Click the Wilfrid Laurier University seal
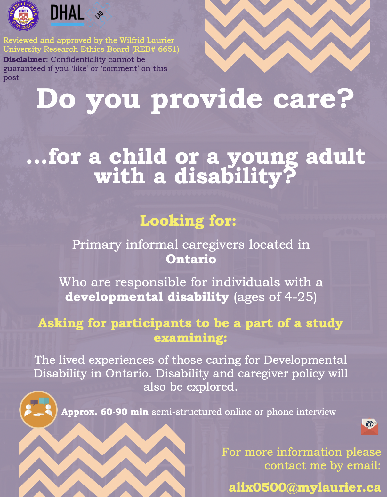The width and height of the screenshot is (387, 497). (x=23, y=16)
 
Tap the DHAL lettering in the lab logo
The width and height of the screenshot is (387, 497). (x=67, y=13)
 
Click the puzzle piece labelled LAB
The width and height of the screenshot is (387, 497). (x=99, y=14)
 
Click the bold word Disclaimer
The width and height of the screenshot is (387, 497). (x=25, y=59)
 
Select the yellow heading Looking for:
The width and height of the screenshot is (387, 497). (x=188, y=221)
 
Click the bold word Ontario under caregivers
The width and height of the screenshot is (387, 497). (x=191, y=259)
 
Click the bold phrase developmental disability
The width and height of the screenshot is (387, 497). (x=147, y=297)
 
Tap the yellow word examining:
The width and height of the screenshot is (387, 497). (x=190, y=338)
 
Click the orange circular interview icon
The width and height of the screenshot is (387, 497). (x=38, y=409)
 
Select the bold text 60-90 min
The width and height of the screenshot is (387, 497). (x=124, y=412)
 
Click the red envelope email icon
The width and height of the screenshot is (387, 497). (x=369, y=426)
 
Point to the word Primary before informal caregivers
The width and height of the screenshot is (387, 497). (x=97, y=245)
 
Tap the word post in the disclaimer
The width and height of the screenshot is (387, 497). (x=11, y=78)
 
